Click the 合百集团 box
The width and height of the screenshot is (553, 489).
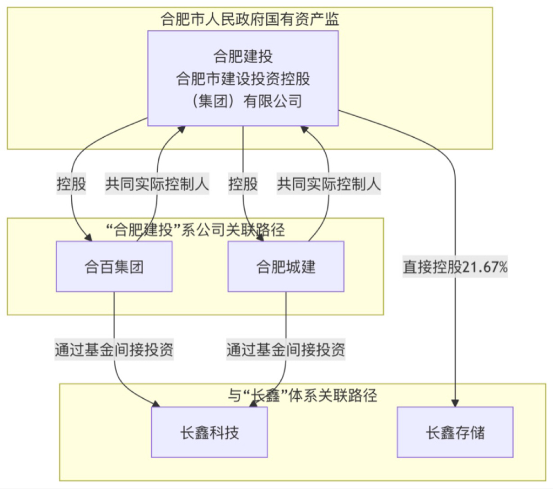point(114,266)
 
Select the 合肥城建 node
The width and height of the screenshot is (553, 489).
point(286,266)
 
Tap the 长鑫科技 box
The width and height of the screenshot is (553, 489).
point(210,432)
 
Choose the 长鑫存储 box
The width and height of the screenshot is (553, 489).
point(455,432)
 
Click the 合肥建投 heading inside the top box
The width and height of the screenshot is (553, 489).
point(243,56)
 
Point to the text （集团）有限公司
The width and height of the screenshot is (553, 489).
point(243,101)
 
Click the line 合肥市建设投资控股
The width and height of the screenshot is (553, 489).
point(243,78)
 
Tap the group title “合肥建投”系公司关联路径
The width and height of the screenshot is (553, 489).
point(195,230)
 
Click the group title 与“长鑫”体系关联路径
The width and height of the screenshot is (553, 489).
point(302,395)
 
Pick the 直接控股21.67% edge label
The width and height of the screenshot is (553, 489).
point(455,267)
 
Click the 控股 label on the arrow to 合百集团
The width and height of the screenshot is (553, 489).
point(71,184)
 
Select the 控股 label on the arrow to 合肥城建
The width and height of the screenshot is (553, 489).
point(243,184)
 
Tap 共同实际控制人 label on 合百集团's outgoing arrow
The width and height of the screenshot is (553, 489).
point(157,184)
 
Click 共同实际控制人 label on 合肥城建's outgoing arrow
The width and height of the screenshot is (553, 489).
point(329,184)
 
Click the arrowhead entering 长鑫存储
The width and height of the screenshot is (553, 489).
point(455,403)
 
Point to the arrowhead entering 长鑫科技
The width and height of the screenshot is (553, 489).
point(156,404)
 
